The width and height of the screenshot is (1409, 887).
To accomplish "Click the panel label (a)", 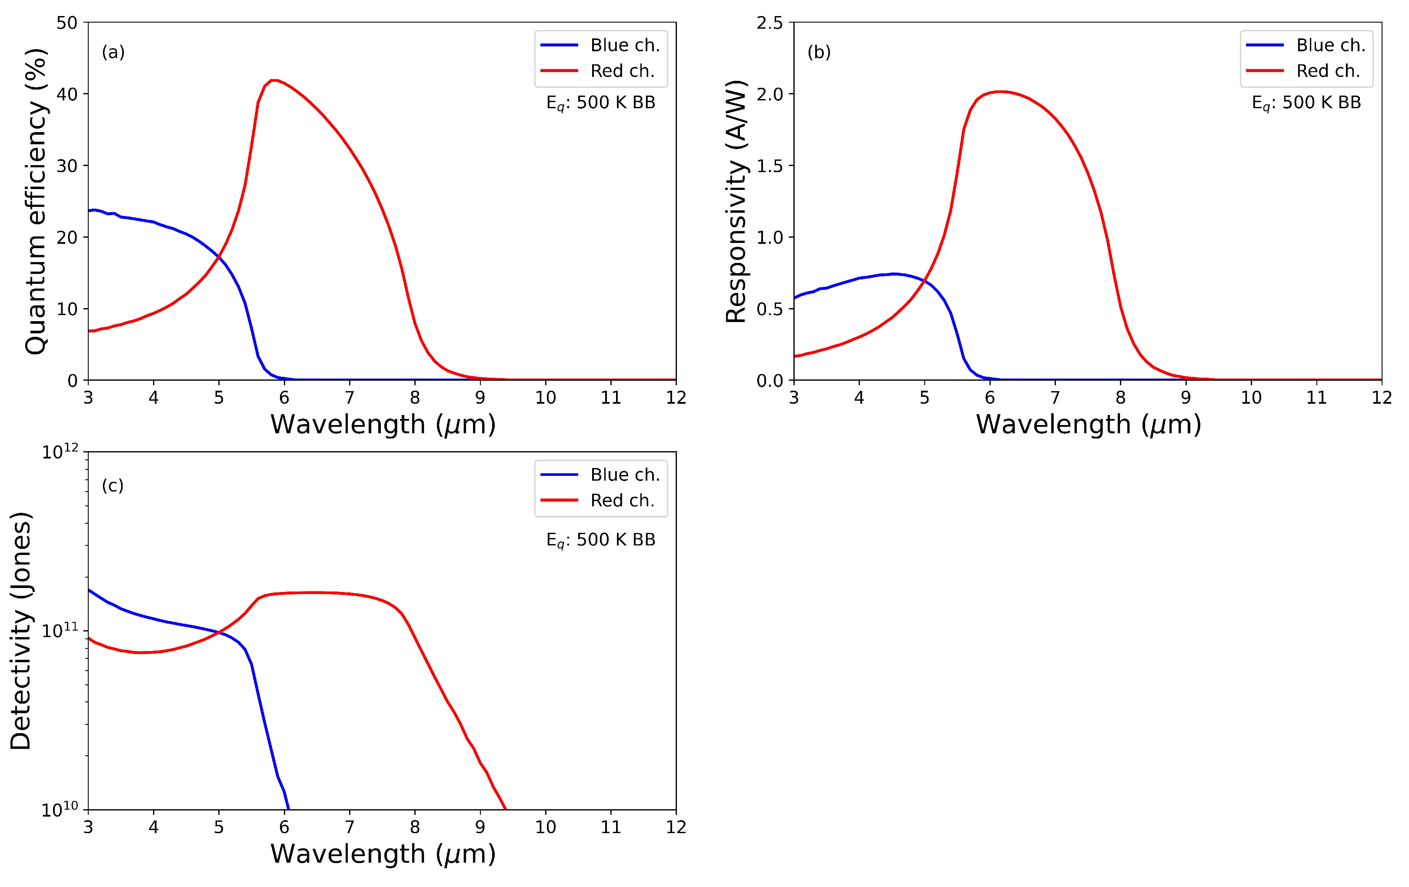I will coord(113,52).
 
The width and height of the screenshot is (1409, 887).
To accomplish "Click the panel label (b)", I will coord(819,52).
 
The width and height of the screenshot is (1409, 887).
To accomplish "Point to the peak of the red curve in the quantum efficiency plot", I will coord(273,80).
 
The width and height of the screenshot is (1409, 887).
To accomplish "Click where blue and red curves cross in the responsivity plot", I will coord(924,282).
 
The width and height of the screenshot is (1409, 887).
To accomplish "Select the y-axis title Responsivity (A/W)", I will coord(736,201).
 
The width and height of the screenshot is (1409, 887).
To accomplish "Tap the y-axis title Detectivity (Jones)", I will coord(20,631).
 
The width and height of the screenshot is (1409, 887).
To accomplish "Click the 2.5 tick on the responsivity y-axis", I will coord(769,23).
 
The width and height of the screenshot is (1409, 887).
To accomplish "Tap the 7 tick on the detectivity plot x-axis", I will coord(350,827).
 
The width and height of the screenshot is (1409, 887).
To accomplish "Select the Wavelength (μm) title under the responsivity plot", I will coord(1088,424).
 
